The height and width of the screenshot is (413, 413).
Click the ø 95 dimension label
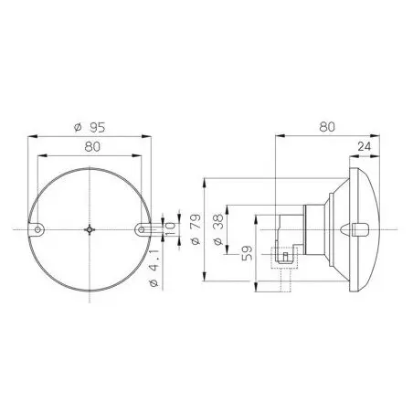pos(90,128)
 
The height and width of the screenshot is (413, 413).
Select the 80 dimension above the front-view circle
pos(92,147)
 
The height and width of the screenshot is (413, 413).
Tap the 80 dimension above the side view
pos(327,127)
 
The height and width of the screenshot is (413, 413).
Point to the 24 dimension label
pos(365,146)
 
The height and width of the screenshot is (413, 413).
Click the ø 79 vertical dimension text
pos(196,229)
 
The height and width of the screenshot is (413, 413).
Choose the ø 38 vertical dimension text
pos(218,230)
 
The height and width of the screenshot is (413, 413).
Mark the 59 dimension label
pos(248,253)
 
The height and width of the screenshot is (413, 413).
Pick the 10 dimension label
pos(170,229)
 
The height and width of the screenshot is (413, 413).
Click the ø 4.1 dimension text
pos(154,268)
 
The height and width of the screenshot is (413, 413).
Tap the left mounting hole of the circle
pos(37,229)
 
